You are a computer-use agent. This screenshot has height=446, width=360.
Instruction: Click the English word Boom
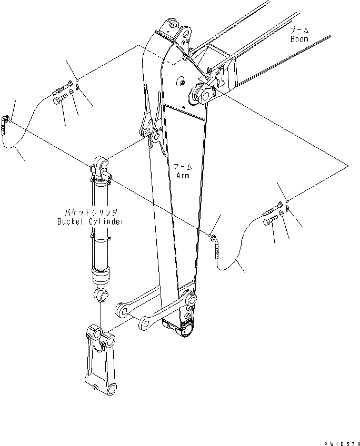click(299, 39)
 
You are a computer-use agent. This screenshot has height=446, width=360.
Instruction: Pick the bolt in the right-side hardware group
click(268, 223)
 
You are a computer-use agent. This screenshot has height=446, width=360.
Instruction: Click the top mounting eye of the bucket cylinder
click(102, 162)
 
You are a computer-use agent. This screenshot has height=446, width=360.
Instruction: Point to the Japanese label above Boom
click(299, 31)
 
